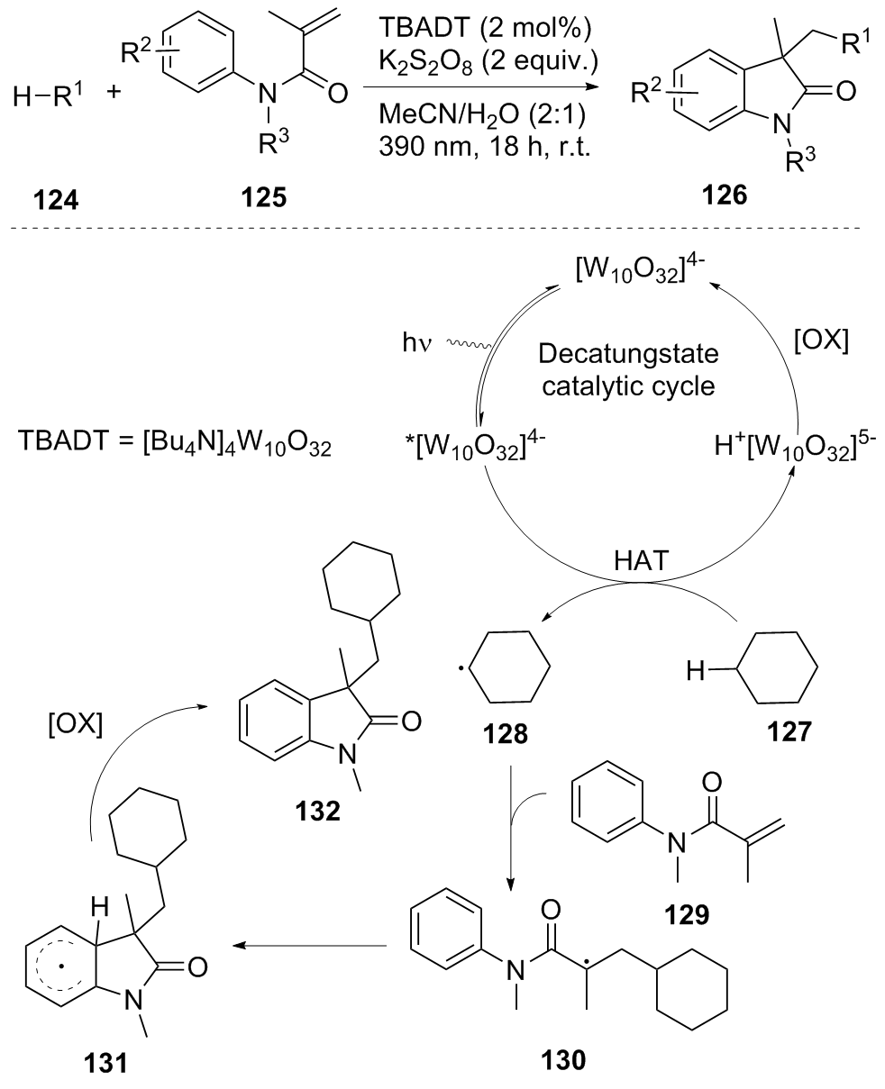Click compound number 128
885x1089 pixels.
(x=498, y=744)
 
